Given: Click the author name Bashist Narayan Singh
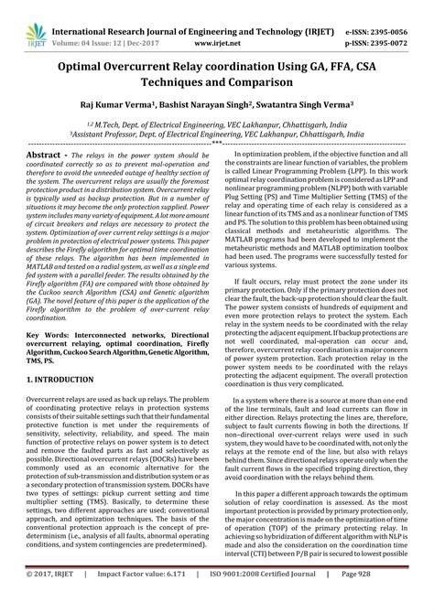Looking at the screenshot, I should coord(225,107).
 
